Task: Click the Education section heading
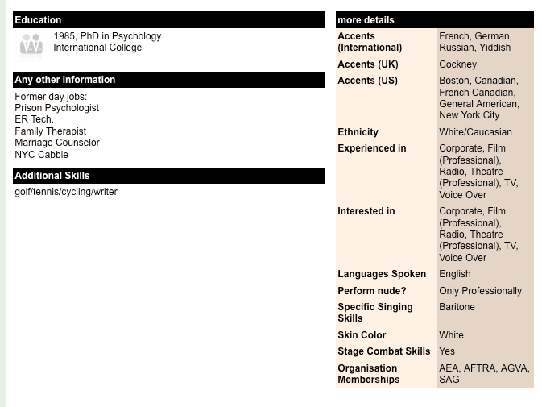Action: pyautogui.click(x=38, y=20)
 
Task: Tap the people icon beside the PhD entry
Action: pyautogui.click(x=31, y=45)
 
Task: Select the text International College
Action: pyautogui.click(x=97, y=48)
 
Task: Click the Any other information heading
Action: pyautogui.click(x=65, y=80)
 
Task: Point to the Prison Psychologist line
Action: pyautogui.click(x=57, y=108)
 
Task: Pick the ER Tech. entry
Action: pyautogui.click(x=35, y=119)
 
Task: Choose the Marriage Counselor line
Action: pyautogui.click(x=57, y=143)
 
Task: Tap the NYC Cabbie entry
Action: pyautogui.click(x=42, y=155)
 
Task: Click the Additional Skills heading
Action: pyautogui.click(x=52, y=176)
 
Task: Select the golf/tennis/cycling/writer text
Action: pyautogui.click(x=66, y=192)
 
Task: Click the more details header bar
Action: pyautogui.click(x=434, y=20)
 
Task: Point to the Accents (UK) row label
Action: pyautogui.click(x=368, y=64)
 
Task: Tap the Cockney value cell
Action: pyautogui.click(x=457, y=64)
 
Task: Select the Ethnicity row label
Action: pyautogui.click(x=358, y=132)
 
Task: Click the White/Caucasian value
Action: pyautogui.click(x=475, y=132)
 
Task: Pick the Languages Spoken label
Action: pyautogui.click(x=382, y=274)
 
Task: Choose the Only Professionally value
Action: pyautogui.click(x=480, y=291)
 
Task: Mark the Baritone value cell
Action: pyautogui.click(x=457, y=307)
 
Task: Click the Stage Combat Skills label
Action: pyautogui.click(x=384, y=351)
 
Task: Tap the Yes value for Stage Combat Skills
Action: pyautogui.click(x=447, y=351)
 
